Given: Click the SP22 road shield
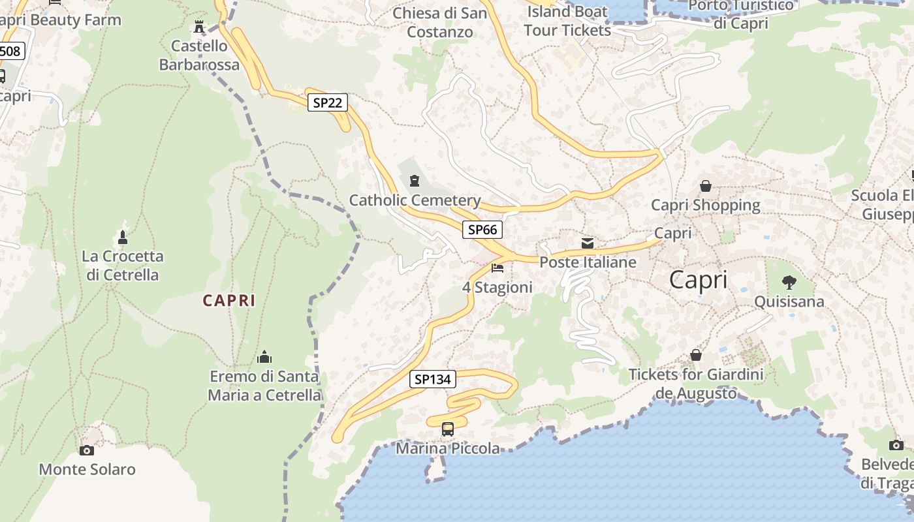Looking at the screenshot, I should pos(328,102).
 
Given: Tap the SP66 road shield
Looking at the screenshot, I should pos(482,230).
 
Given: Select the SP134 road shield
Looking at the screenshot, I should pos(433,379).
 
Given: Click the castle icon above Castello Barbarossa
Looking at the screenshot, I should pos(199,27).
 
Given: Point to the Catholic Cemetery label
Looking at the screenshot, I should pos(415,200).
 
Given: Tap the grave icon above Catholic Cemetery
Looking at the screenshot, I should pos(414,180).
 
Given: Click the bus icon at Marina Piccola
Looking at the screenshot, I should pos(448,429).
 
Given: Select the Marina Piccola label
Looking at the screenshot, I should pos(448,449).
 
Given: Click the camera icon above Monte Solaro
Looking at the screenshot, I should pos(86,450).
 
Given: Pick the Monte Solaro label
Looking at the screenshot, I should pos(87,469).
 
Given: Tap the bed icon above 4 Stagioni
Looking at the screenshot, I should pos(497,268).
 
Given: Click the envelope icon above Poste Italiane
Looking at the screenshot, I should pos(588,243).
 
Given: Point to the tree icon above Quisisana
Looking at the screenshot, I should pos(789,283).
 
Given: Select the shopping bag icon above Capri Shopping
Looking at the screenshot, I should pos(706,187).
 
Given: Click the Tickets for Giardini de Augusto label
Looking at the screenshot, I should pos(696,384).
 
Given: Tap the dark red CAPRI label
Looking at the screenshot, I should pos(228,300).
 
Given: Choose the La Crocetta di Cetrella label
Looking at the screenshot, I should pos(122,266).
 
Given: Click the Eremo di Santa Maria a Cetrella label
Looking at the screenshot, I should pos(264,386).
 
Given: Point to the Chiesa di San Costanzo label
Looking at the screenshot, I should pos(439,22).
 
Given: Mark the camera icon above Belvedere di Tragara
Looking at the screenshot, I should pos(896,445).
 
